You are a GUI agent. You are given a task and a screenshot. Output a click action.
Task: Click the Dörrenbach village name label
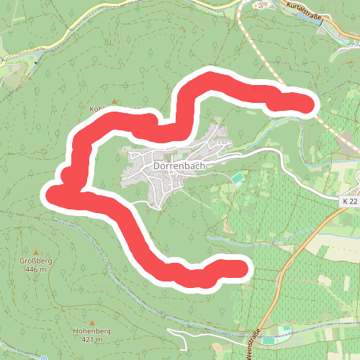pyautogui.click(x=180, y=166)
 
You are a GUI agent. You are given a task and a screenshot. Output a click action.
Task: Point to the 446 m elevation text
pyautogui.click(x=35, y=269)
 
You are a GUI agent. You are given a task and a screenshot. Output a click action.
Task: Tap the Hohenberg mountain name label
pyautogui.click(x=91, y=330)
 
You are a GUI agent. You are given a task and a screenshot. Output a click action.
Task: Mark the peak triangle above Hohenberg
pyautogui.click(x=92, y=321)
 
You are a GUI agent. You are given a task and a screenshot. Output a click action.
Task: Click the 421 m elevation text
pyautogui.click(x=91, y=339)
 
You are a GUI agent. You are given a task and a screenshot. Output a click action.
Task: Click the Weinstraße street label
pyautogui.click(x=253, y=344)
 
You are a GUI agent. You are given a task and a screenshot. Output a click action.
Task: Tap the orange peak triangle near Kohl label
pyautogui.click(x=114, y=101)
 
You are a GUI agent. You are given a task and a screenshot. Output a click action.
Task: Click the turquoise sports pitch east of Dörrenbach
pyautogui.click(x=237, y=177)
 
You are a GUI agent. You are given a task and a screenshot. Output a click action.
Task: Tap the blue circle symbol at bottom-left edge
pyautogui.click(x=43, y=358)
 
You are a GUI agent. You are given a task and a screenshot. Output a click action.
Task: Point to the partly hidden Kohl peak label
pyautogui.click(x=101, y=109)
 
